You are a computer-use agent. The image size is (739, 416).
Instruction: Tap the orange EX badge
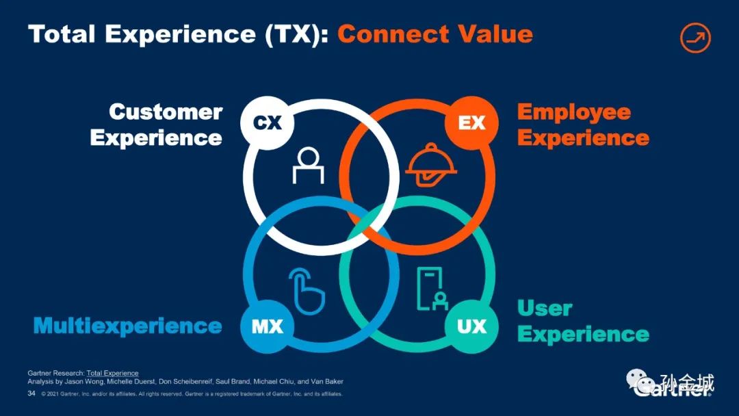[x=471, y=123]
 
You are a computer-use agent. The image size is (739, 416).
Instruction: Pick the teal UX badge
[x=471, y=326]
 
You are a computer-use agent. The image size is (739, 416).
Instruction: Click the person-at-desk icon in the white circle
[x=308, y=166]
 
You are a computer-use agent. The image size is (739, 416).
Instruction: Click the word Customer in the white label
[x=166, y=112]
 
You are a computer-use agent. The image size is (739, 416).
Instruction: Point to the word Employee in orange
[x=573, y=112]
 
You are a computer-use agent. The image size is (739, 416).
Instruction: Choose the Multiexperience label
[x=128, y=326]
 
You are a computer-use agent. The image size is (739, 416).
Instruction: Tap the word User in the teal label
[x=545, y=309]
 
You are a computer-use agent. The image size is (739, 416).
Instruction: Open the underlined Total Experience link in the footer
[x=112, y=373]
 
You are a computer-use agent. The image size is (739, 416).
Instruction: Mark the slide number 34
[x=31, y=394]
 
